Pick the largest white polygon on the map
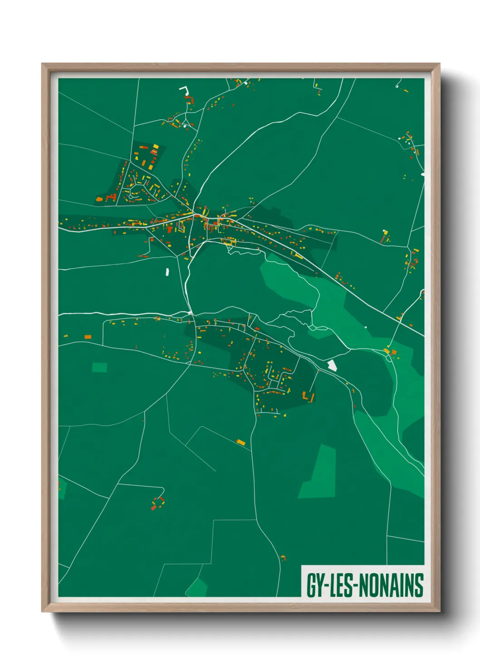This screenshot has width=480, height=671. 332,365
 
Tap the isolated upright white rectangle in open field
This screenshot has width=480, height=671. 167,272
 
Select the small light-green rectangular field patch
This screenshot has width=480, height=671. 99,367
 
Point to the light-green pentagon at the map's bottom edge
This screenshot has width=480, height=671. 196,588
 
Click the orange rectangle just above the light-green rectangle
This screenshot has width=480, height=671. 88,336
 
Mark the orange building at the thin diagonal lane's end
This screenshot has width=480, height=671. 240,442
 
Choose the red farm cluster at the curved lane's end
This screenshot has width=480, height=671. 157,503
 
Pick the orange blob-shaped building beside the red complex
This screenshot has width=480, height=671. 99,199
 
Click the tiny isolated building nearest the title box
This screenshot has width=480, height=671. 283,557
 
